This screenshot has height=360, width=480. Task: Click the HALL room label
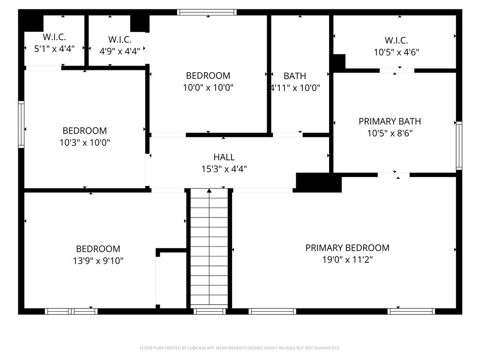(x=224, y=157)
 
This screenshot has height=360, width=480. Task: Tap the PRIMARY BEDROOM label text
(x=347, y=247)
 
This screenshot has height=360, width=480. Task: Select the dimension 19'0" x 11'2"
(x=347, y=260)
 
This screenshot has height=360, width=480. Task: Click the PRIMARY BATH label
(x=390, y=121)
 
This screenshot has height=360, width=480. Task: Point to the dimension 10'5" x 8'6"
(x=390, y=133)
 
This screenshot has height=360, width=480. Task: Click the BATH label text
(x=295, y=76)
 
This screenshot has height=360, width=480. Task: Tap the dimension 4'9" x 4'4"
(x=120, y=51)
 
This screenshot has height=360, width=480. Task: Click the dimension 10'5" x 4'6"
(x=397, y=52)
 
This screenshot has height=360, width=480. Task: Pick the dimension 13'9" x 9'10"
(x=98, y=261)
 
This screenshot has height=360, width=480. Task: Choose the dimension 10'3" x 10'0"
(x=85, y=142)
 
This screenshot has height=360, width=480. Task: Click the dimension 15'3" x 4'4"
(x=224, y=169)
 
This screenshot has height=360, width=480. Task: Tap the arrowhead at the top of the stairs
(x=209, y=191)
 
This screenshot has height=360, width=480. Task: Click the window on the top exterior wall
(x=207, y=12)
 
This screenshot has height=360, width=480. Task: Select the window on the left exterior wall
(x=21, y=124)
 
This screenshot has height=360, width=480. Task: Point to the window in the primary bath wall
(x=459, y=145)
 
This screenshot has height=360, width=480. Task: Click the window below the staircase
(x=210, y=311)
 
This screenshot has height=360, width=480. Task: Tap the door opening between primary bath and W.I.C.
(x=397, y=71)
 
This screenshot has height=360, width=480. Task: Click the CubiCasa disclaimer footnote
(x=240, y=348)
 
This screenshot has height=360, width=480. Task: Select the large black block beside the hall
(x=319, y=183)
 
